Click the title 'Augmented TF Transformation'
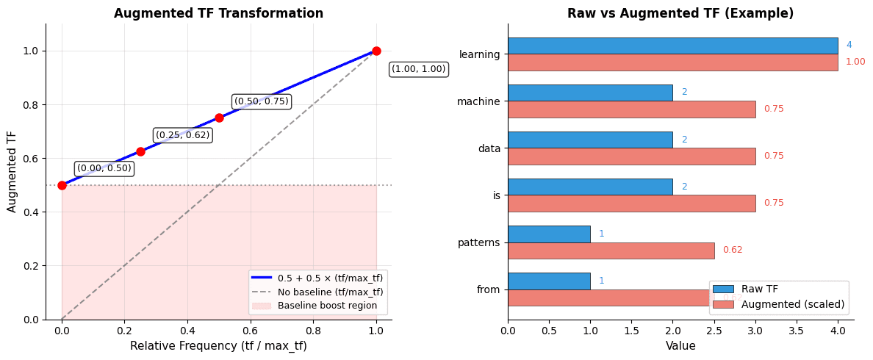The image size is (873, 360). (x=218, y=13)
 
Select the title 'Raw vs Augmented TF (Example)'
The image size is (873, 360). (x=680, y=13)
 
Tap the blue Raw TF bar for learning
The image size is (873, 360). (x=672, y=46)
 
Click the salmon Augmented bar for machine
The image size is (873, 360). (x=631, y=109)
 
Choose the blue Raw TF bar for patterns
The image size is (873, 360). (x=548, y=234)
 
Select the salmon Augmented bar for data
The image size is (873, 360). (x=631, y=156)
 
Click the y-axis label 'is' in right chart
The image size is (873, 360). (x=496, y=195)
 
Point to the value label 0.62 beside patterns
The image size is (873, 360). (x=732, y=250)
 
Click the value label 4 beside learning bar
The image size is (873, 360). (x=849, y=46)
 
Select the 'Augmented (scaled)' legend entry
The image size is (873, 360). (x=792, y=304)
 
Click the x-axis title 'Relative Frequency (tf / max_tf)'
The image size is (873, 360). (x=218, y=346)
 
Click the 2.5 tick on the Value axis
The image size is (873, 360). (x=714, y=331)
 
